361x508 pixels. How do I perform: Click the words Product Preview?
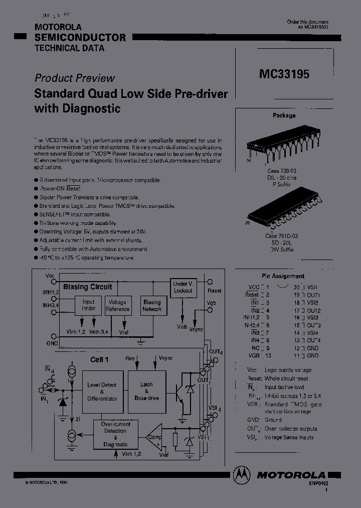74,78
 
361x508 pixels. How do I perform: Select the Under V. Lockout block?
183,288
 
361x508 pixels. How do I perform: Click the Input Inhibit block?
88,306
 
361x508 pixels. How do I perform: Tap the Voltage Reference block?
118,306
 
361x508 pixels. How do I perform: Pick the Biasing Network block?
152,306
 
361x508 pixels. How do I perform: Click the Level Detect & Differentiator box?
102,391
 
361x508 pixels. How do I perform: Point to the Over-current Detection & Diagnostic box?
116,434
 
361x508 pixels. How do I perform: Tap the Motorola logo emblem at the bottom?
242,474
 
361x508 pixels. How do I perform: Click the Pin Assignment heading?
283,276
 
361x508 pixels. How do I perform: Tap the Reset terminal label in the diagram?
214,291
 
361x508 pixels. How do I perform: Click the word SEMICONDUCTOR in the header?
80,38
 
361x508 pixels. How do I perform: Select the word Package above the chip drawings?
284,115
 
